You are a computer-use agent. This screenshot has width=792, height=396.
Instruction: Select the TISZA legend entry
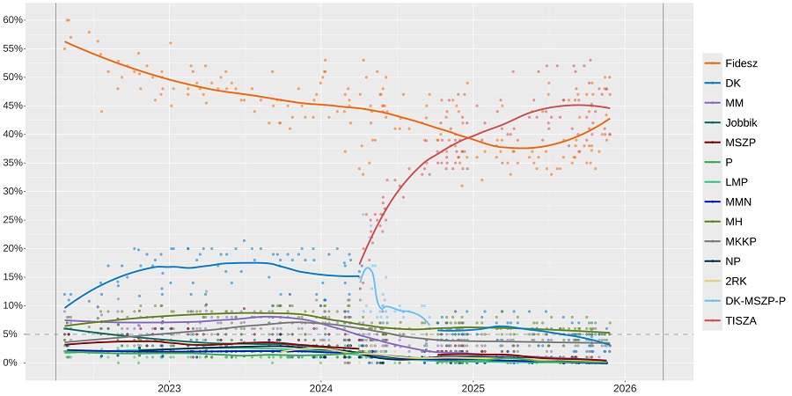pos(741,321)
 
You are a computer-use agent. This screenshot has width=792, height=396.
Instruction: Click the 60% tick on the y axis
pos(14,19)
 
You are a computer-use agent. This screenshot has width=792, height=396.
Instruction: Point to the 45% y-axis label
pos(14,106)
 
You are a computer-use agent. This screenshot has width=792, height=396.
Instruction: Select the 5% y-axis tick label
pos(16,334)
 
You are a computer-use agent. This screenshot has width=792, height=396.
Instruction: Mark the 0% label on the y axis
pos(16,363)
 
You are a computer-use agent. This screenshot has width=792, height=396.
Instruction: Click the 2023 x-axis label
pos(169,387)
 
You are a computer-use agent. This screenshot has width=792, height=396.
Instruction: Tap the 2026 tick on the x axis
pos(625,387)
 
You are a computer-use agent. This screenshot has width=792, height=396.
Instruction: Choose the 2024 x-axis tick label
pos(321,387)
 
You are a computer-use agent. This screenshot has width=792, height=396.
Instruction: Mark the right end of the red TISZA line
pos(610,108)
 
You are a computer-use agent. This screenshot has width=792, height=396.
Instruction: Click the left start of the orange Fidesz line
pos(64,41)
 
